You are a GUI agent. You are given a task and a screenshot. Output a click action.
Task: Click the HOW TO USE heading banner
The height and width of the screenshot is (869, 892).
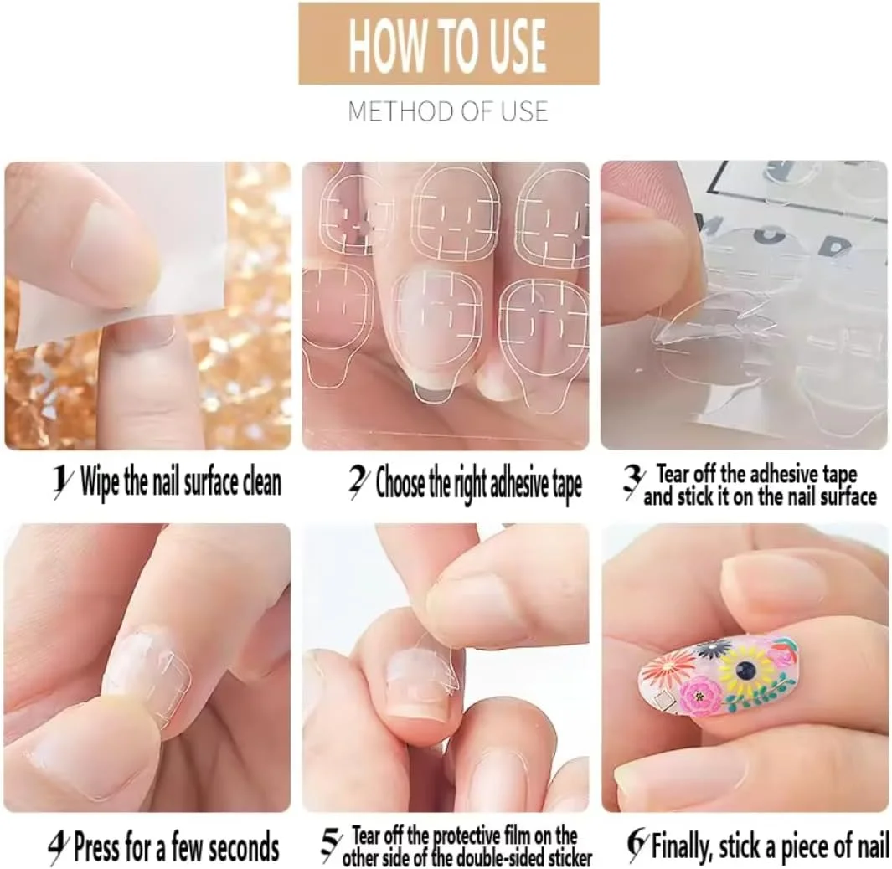pos(449,44)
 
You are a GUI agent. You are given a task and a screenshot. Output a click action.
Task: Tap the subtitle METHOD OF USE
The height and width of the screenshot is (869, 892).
pos(448,111)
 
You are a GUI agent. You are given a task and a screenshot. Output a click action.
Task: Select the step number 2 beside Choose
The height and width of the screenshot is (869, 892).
pos(358,483)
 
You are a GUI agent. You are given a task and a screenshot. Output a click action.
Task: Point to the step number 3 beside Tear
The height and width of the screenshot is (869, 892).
pos(632,482)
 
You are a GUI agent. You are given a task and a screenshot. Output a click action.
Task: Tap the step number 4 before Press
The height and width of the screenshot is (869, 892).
pos(59,847)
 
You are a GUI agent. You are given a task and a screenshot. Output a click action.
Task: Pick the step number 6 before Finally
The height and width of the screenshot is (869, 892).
pos(637,845)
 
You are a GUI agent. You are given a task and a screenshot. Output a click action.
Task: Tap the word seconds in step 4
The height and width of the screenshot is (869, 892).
pos(244,847)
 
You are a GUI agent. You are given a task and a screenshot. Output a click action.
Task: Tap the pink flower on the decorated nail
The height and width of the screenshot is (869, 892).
pos(701,696)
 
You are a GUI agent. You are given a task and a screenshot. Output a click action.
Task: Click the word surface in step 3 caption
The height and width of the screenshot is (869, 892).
pos(846,496)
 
